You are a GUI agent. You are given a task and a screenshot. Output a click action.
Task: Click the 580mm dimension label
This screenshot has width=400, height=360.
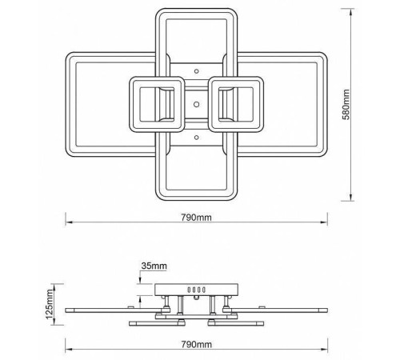pyautogui.click(x=346, y=105)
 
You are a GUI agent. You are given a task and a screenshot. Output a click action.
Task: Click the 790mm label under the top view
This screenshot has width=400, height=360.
pyautogui.click(x=197, y=218)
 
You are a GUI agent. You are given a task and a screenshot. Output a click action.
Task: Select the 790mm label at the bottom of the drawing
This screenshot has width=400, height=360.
pyautogui.click(x=197, y=344)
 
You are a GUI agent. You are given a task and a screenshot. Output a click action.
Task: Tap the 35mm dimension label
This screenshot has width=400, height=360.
pyautogui.click(x=154, y=266)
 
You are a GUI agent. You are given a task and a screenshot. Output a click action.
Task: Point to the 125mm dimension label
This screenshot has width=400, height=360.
pyautogui.click(x=50, y=304)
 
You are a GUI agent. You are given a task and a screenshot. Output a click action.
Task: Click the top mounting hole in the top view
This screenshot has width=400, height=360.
pyautogui.click(x=197, y=71)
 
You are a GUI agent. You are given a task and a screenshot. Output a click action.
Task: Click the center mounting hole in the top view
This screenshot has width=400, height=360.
pyautogui.click(x=197, y=104)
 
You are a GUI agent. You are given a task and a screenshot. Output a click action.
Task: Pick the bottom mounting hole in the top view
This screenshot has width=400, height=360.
pyautogui.click(x=197, y=138)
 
